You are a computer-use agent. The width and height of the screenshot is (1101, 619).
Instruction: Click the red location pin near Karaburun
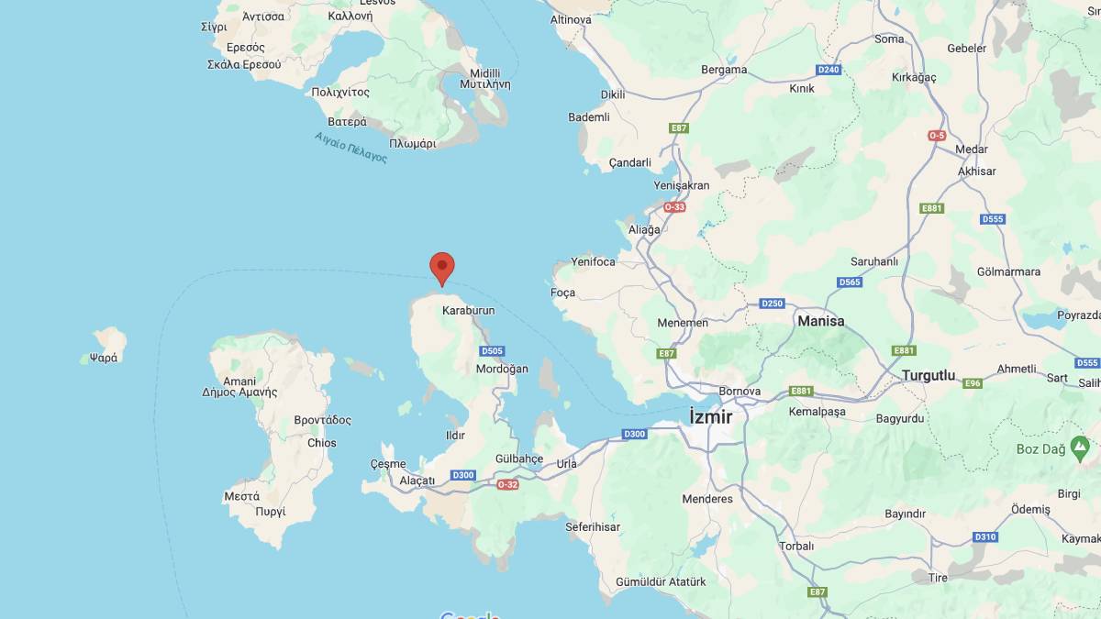pyautogui.click(x=442, y=267)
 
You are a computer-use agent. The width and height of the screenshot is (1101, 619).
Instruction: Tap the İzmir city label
pyautogui.click(x=711, y=417)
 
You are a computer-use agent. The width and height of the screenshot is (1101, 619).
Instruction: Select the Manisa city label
pyautogui.click(x=821, y=321)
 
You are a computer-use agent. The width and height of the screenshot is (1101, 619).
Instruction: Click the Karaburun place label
pyautogui.click(x=468, y=311)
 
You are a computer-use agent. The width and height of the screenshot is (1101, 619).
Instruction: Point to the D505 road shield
pyautogui.click(x=493, y=351)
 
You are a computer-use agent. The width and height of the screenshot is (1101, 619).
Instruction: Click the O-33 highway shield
pyautogui.click(x=674, y=207)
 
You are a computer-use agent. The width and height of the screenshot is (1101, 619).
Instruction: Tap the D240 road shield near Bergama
pyautogui.click(x=829, y=70)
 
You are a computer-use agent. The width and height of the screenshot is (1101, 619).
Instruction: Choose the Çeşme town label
pyautogui.click(x=388, y=464)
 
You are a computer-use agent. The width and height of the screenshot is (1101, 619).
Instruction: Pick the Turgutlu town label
pyautogui.click(x=929, y=376)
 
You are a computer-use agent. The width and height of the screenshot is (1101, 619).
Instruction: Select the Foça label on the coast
pyautogui.click(x=562, y=293)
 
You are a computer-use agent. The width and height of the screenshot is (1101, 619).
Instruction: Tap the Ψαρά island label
pyautogui.click(x=104, y=358)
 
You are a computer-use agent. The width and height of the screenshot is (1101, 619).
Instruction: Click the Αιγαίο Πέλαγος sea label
pyautogui.click(x=350, y=148)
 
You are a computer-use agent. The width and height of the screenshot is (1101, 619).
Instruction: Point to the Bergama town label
pyautogui.click(x=724, y=70)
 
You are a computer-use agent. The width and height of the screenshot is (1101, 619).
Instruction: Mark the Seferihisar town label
pyautogui.click(x=593, y=527)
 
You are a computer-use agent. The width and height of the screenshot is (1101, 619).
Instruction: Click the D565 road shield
pyautogui.click(x=850, y=282)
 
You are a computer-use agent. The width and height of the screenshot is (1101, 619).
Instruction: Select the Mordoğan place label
pyautogui.click(x=502, y=369)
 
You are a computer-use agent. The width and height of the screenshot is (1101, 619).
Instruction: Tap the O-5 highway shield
pyautogui.click(x=937, y=136)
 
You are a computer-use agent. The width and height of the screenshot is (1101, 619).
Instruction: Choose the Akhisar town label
pyautogui.click(x=976, y=171)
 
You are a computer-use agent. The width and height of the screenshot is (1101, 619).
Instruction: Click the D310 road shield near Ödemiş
pyautogui.click(x=984, y=536)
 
